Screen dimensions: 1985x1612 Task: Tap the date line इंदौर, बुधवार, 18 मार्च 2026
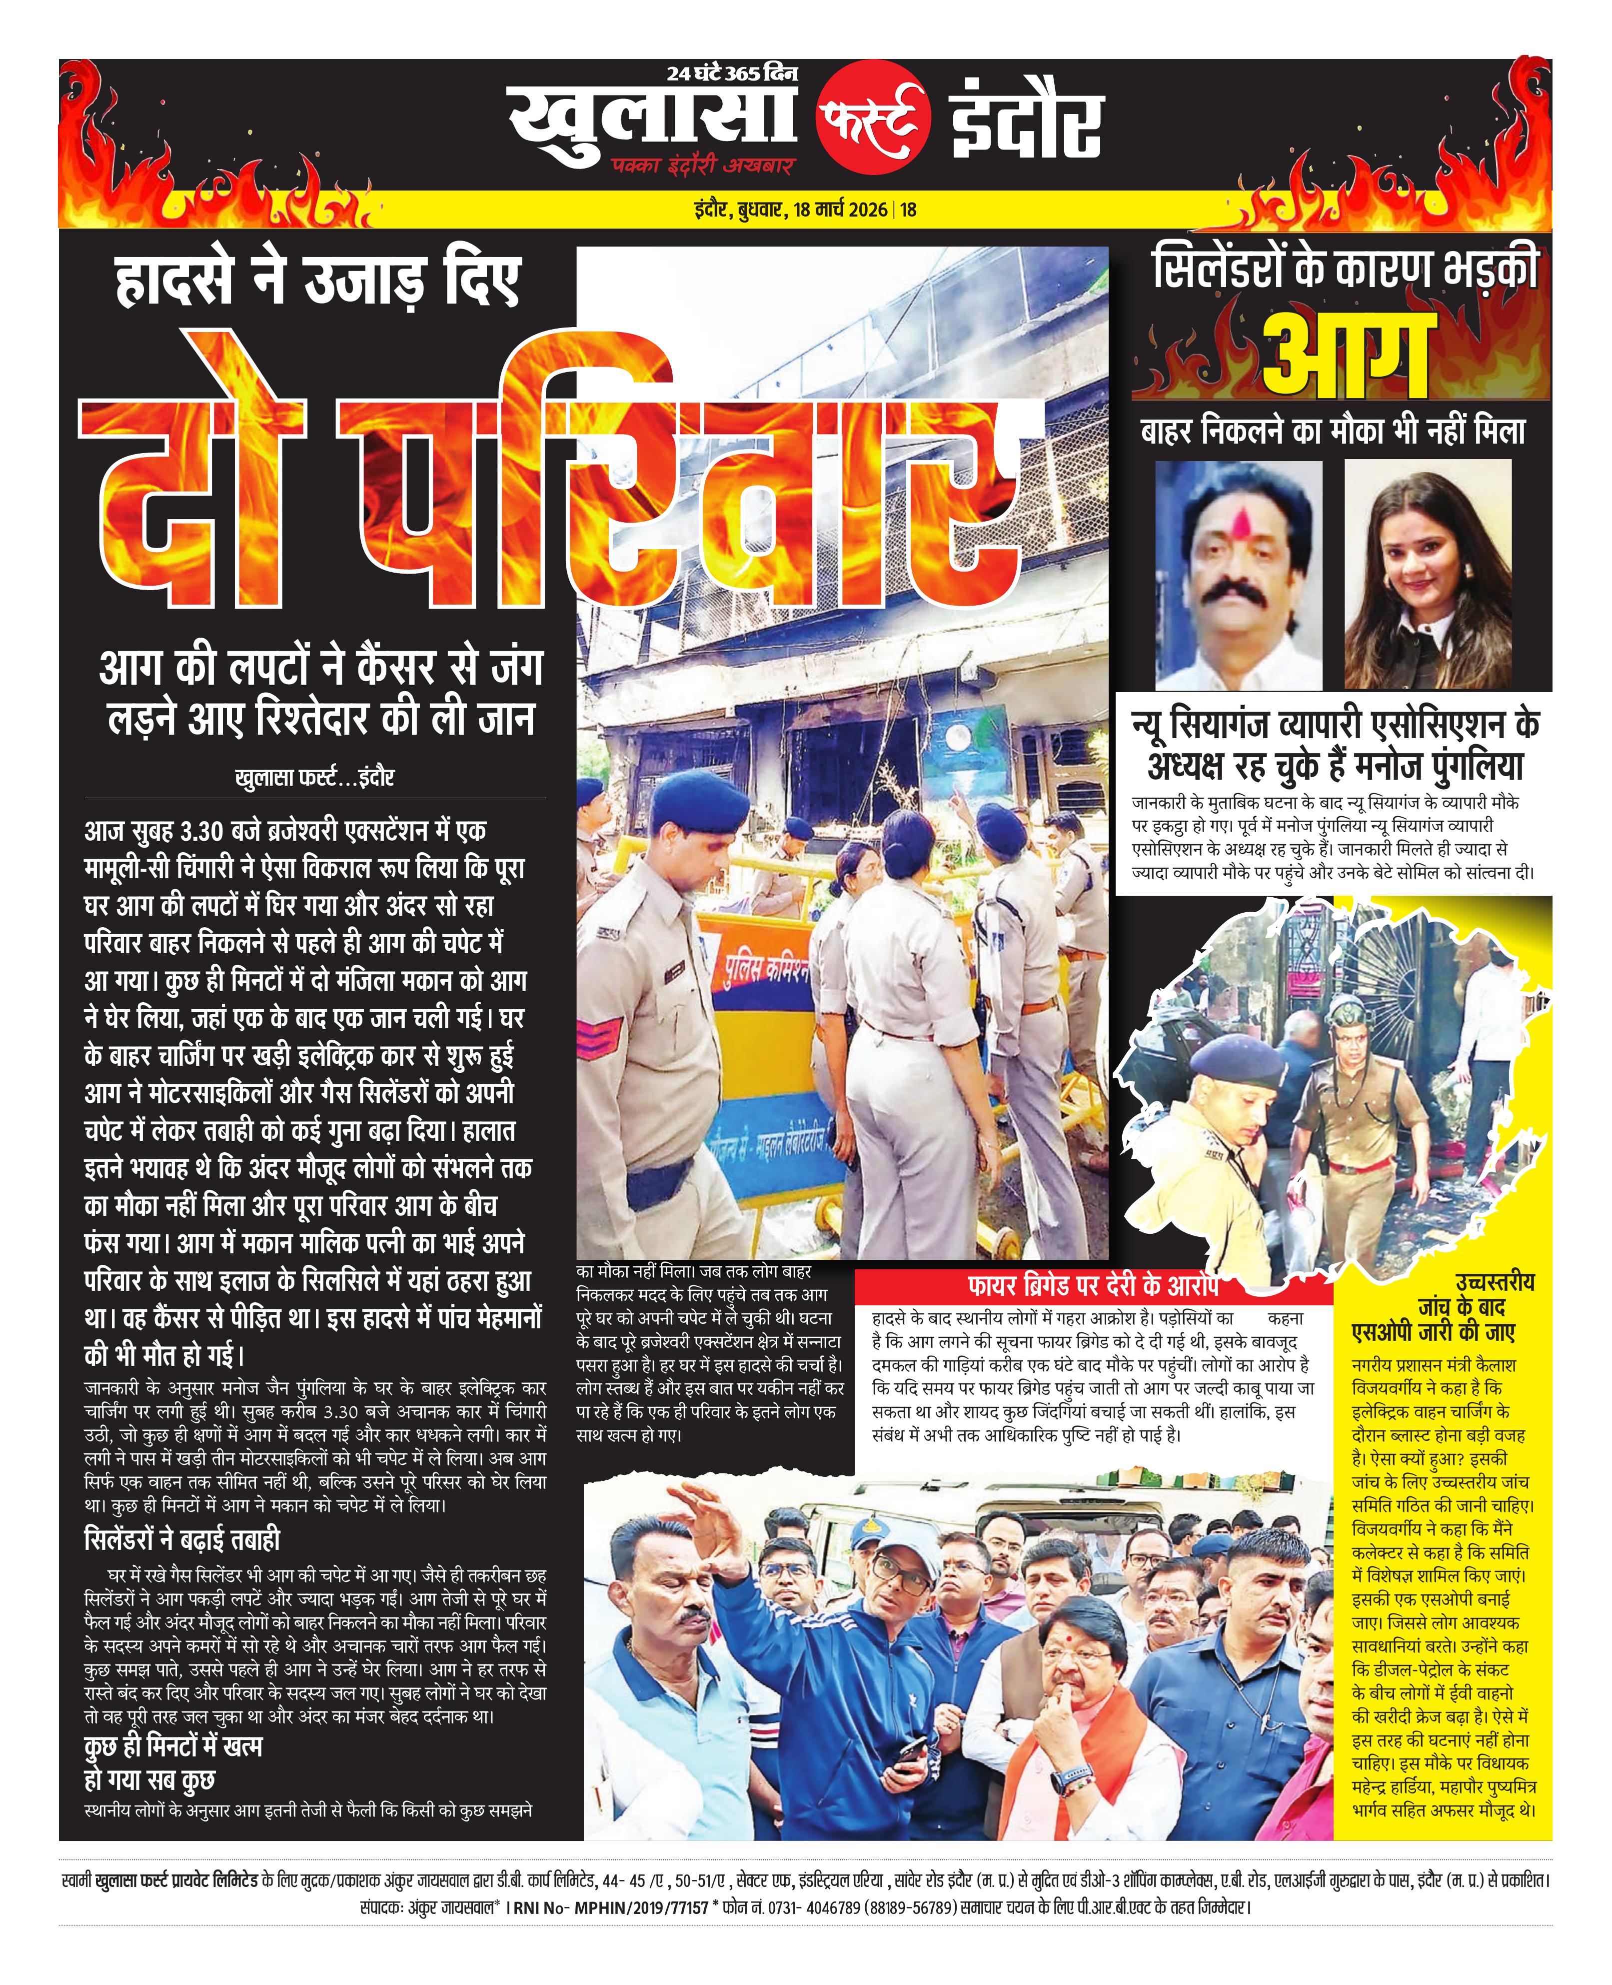(x=794, y=210)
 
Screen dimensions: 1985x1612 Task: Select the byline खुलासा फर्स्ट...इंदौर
(x=316, y=777)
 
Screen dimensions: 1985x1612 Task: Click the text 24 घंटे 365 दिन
(x=732, y=74)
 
